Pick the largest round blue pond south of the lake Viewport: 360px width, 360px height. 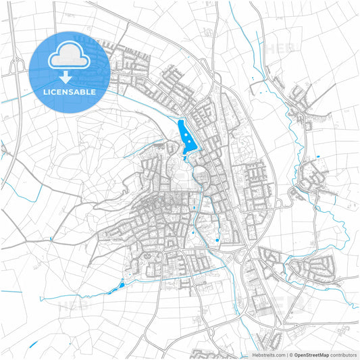(x=216, y=240)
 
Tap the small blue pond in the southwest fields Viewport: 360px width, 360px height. (x=122, y=286)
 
